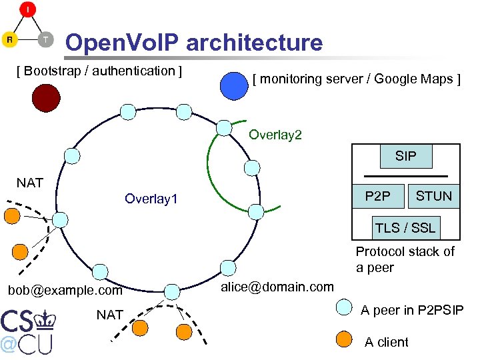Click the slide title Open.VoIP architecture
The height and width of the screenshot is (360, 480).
coord(193,43)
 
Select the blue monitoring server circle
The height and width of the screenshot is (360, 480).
coord(234,85)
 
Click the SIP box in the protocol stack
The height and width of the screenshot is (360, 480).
coord(405,156)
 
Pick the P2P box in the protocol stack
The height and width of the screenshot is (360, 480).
coord(378,196)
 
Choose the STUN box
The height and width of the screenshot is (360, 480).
coord(433,196)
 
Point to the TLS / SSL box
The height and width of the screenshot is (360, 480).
coord(405,227)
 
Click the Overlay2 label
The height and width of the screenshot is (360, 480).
coord(275,135)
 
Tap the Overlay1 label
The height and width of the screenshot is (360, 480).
coord(151,199)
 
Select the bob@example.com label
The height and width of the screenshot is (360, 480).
coord(65,291)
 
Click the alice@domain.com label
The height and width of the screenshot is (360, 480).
coord(277,287)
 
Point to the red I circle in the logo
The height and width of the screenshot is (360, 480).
coord(28,9)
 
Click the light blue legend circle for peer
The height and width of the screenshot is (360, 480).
coord(343,307)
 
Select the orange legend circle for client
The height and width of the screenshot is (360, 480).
coord(343,339)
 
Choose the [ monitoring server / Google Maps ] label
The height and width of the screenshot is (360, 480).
coord(356,79)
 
